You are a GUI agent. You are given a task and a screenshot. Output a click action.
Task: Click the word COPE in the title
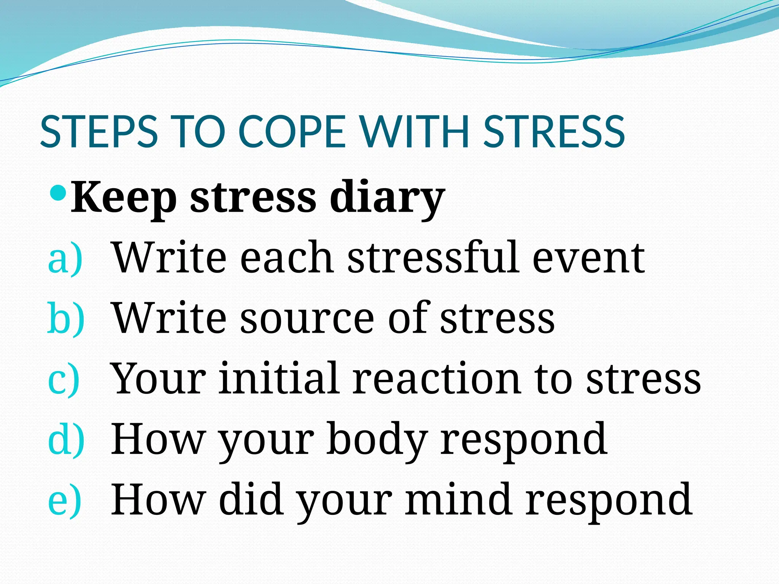292,132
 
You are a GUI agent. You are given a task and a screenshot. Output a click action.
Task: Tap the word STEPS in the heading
99,132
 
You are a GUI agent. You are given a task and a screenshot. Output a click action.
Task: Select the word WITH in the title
415,132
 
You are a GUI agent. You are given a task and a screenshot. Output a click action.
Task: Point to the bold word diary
387,198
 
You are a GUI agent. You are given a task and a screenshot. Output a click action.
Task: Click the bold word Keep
124,198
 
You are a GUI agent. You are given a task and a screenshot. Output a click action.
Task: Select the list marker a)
65,259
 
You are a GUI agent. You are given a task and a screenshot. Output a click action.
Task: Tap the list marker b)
66,319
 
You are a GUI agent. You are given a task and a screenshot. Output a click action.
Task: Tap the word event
588,259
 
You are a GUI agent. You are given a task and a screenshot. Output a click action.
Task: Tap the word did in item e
251,499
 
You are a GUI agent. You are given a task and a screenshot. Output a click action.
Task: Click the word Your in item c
158,379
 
